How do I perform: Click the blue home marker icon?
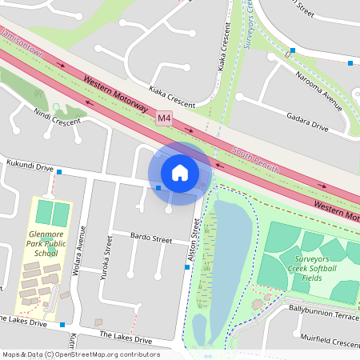click(180, 173)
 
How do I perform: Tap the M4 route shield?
click(164, 118)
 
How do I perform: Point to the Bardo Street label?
click(151, 238)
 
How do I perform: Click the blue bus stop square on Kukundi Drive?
click(59, 172)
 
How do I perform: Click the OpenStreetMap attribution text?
click(80, 354)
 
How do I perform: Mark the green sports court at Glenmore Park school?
click(51, 214)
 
